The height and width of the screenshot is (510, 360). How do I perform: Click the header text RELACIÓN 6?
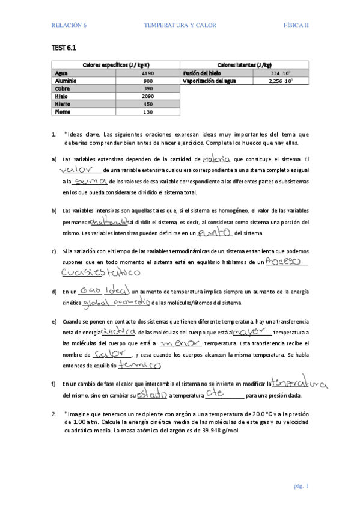click(69, 25)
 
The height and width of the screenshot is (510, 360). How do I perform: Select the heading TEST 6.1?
click(63, 47)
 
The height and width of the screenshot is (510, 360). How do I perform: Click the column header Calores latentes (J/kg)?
click(244, 65)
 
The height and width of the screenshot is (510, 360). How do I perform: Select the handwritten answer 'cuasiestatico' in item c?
click(101, 272)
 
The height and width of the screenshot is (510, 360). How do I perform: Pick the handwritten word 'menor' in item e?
click(180, 343)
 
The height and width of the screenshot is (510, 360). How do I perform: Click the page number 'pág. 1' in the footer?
click(301, 485)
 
